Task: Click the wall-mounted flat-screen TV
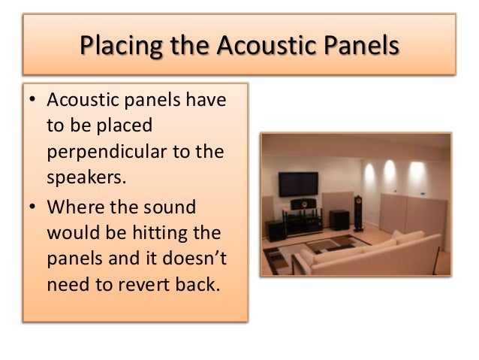click(x=298, y=183)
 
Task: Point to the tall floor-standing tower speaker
click(x=358, y=212)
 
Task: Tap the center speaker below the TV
click(x=303, y=204)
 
